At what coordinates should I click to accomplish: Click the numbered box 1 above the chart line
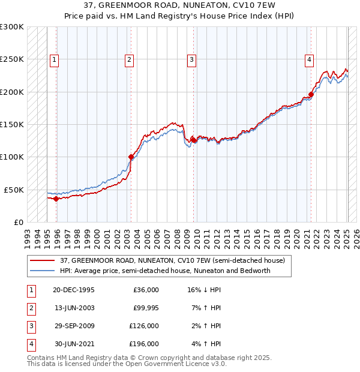55,59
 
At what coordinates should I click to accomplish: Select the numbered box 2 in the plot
130,59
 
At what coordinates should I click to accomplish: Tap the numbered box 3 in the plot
191,59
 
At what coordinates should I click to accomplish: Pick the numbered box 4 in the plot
309,59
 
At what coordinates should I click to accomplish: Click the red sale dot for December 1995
56,199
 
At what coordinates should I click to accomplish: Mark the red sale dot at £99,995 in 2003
131,157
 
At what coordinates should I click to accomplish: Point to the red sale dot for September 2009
193,140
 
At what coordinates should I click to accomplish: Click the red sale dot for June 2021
311,94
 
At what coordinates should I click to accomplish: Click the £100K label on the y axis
12,157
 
